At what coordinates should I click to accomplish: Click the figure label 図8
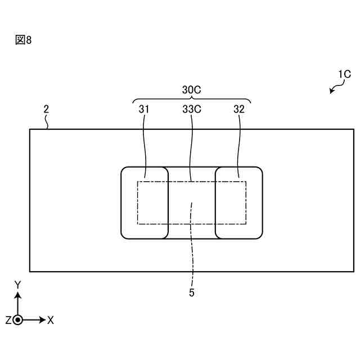tap(23, 40)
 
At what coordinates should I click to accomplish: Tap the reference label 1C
tap(344, 74)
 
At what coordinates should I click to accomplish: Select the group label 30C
tap(192, 90)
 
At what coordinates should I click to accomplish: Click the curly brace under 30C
tap(192, 101)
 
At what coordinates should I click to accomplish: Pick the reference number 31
tap(144, 110)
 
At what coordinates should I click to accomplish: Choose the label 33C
tap(192, 110)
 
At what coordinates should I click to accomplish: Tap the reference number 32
tap(239, 110)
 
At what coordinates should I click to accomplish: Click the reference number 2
tap(46, 110)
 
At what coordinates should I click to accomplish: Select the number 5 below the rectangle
tap(192, 293)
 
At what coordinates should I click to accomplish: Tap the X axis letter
tap(51, 320)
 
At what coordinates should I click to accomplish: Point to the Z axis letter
tap(8, 320)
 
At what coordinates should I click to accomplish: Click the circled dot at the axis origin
tap(18, 320)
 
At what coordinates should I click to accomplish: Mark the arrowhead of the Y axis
tap(18, 294)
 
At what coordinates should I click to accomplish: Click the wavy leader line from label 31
tap(145, 146)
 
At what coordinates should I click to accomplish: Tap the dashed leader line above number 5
tap(192, 247)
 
